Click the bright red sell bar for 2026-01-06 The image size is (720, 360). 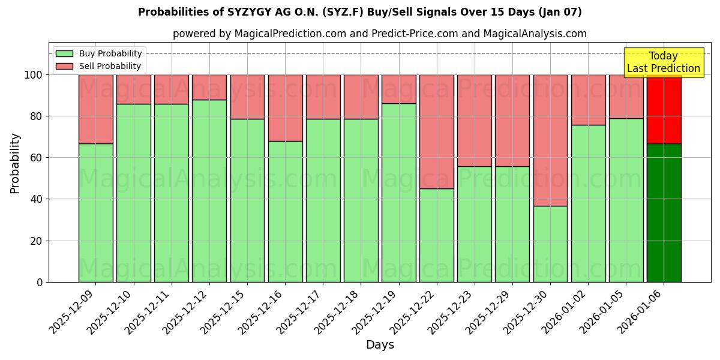664,109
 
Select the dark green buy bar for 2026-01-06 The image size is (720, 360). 664,212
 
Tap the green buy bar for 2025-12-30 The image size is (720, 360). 550,244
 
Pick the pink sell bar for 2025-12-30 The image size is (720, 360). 550,140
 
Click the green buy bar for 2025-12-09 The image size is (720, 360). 95,212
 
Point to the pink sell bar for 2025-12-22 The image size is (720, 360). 437,131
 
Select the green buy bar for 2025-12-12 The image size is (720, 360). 209,191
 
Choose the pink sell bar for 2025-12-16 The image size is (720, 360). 285,107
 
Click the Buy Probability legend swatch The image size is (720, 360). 64,53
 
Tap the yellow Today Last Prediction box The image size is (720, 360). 664,62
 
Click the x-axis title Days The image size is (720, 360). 380,345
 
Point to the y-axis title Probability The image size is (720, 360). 15,163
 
